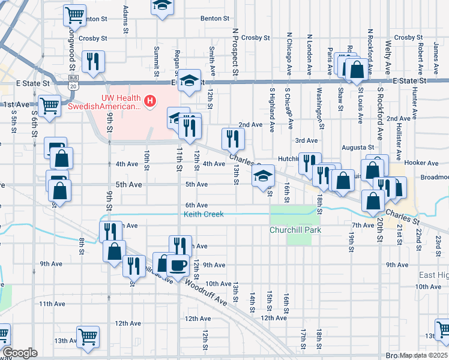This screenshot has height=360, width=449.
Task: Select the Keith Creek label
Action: (x=203, y=214)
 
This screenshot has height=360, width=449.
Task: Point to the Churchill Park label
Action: (x=295, y=230)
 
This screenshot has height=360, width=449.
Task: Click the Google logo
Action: (x=20, y=353)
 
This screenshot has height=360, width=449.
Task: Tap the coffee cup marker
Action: (x=178, y=265)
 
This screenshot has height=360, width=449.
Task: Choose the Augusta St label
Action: (x=358, y=147)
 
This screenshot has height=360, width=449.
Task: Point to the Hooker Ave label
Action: (x=422, y=163)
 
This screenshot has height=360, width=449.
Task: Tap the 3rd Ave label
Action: (x=306, y=140)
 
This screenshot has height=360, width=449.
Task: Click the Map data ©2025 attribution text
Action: (x=424, y=356)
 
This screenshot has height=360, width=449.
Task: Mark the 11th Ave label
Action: (x=52, y=304)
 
